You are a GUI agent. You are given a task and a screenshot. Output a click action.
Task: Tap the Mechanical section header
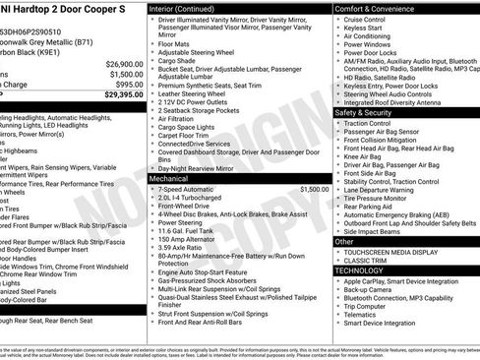click(x=168, y=180)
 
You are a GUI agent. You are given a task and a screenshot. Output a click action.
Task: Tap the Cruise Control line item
click(x=364, y=19)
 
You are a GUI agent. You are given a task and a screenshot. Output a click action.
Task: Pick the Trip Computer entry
click(x=364, y=307)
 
